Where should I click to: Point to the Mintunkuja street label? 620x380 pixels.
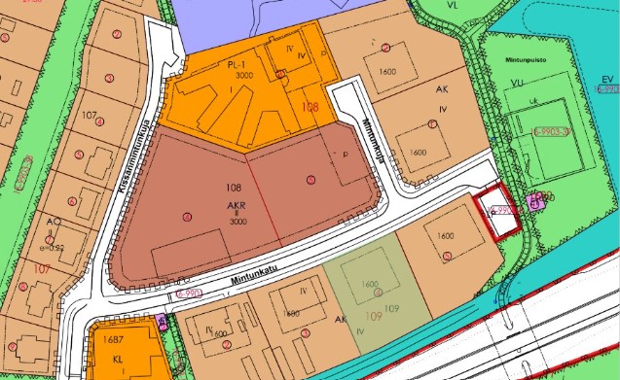tap(368, 137)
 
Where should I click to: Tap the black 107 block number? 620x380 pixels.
tap(91, 116)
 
